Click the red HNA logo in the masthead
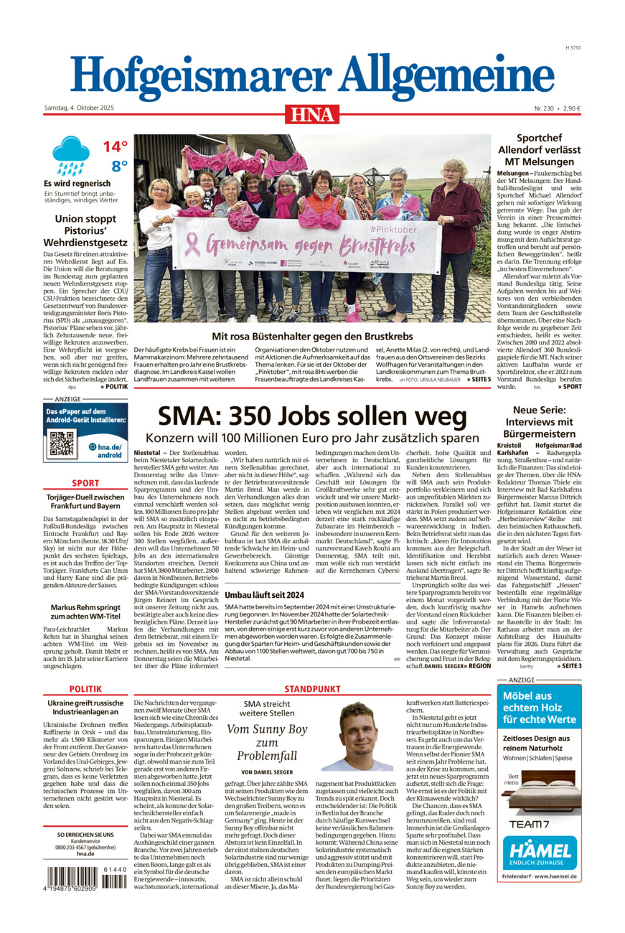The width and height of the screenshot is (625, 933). point(312,113)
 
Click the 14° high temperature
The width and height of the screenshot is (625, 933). point(115,147)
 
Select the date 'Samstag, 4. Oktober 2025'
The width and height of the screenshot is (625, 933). point(79,108)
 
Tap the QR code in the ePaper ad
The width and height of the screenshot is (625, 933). point(62,444)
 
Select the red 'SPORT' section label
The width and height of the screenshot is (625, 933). point(85,483)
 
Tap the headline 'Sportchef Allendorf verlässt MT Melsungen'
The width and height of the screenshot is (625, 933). point(539,149)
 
